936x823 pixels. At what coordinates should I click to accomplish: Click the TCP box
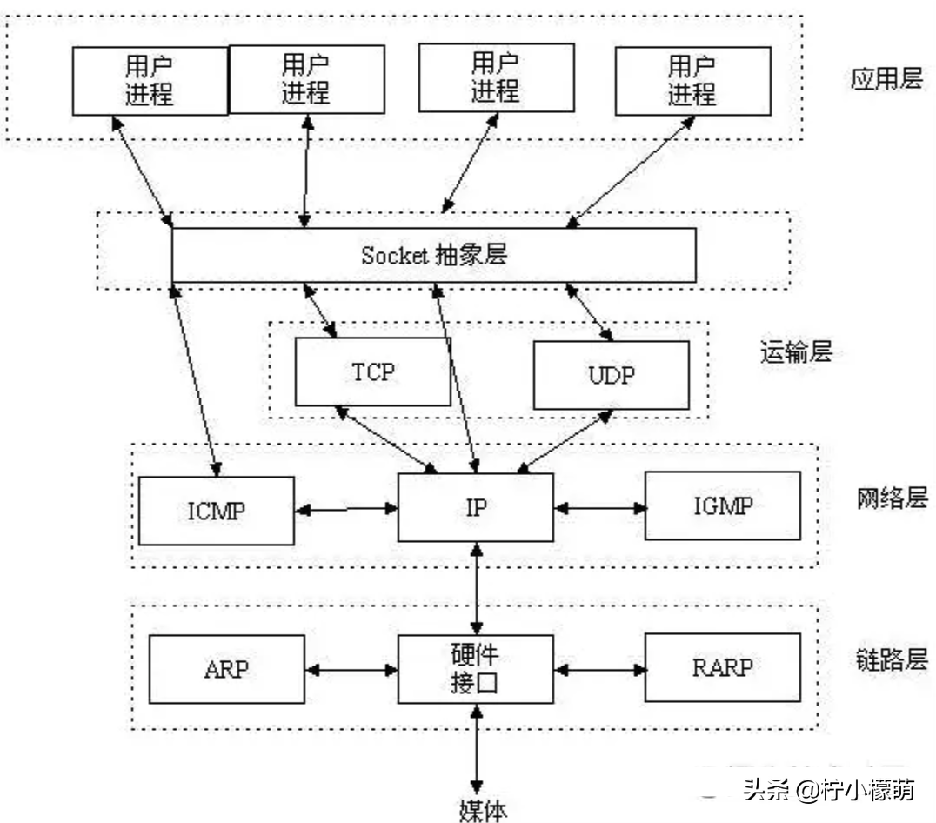coord(373,372)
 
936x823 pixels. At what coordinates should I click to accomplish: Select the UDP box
coord(611,375)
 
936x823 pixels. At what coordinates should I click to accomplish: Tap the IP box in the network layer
coord(475,507)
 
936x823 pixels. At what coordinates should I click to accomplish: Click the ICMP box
coord(217,511)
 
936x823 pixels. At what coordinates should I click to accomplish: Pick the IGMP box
coord(722,505)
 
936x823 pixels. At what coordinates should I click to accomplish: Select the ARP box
coord(227,668)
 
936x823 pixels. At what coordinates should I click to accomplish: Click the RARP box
coord(722,667)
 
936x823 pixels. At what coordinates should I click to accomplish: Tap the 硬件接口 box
coord(475,668)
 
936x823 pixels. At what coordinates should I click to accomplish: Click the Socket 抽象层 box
coord(433,255)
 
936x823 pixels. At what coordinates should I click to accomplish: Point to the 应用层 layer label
coord(886,80)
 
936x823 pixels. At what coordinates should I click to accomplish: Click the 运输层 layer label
coord(796,352)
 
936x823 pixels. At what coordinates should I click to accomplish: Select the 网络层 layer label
coord(892,498)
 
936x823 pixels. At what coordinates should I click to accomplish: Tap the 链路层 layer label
coord(892,659)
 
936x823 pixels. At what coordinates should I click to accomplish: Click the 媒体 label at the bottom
coord(482,809)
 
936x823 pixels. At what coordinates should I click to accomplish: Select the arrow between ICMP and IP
coord(346,508)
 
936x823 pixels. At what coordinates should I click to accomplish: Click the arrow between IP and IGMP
coord(598,506)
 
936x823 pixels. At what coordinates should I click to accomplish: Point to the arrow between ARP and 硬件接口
coord(351,670)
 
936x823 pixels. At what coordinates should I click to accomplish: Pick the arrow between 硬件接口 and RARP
coord(598,670)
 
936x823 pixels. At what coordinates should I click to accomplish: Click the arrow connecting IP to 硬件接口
coord(475,588)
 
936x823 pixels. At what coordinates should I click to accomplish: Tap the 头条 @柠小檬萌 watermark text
coord(827,790)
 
